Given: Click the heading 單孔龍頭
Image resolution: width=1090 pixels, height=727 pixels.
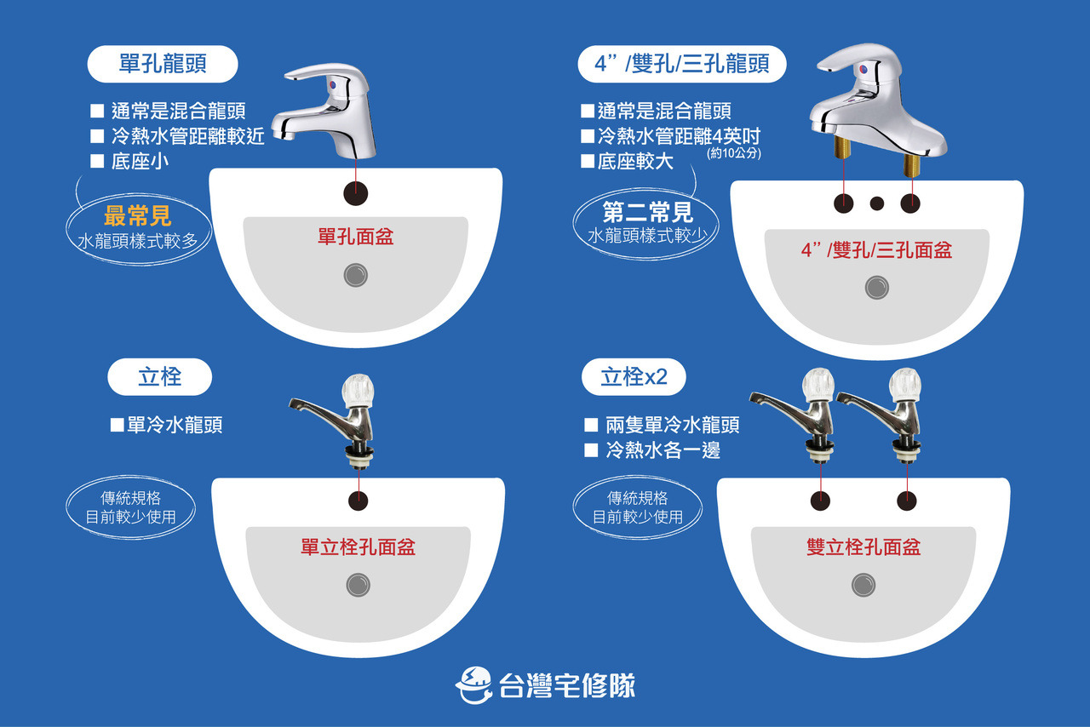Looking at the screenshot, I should coord(162,65).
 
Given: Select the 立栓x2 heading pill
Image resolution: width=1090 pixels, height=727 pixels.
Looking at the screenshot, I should coord(634,377).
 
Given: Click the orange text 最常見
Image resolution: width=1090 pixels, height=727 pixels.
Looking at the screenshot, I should coord(138,215).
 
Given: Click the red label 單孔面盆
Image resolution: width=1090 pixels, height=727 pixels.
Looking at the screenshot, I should coord(356,236).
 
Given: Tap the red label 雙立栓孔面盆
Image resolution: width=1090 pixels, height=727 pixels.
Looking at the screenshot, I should coord(863,547).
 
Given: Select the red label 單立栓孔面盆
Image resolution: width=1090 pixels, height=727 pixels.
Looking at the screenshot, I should coord(358,547).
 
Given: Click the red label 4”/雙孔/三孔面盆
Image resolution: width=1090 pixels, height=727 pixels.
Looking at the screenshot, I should coord(876,249).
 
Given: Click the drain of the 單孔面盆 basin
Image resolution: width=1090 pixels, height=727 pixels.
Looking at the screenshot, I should coord(356,274).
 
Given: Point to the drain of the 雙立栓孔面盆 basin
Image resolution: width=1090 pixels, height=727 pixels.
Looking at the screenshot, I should coord(863,584).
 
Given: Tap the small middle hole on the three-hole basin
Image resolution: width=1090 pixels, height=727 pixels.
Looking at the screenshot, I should coord(877,203).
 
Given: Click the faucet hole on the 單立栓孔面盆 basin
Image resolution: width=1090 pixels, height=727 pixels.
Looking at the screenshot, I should coord(359,500).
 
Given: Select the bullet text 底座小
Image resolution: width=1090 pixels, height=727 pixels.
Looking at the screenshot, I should coord(140,162).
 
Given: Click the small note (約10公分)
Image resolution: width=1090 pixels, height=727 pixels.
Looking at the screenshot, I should coord(733,154).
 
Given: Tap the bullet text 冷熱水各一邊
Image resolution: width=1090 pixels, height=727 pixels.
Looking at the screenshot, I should coord(663,450).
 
